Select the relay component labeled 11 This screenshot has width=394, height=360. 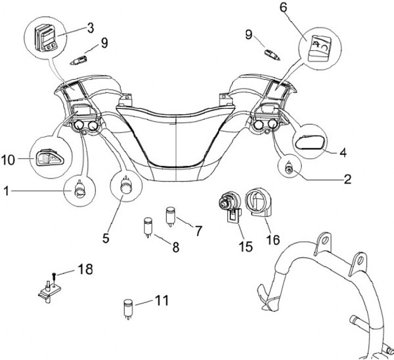click(129, 307)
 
